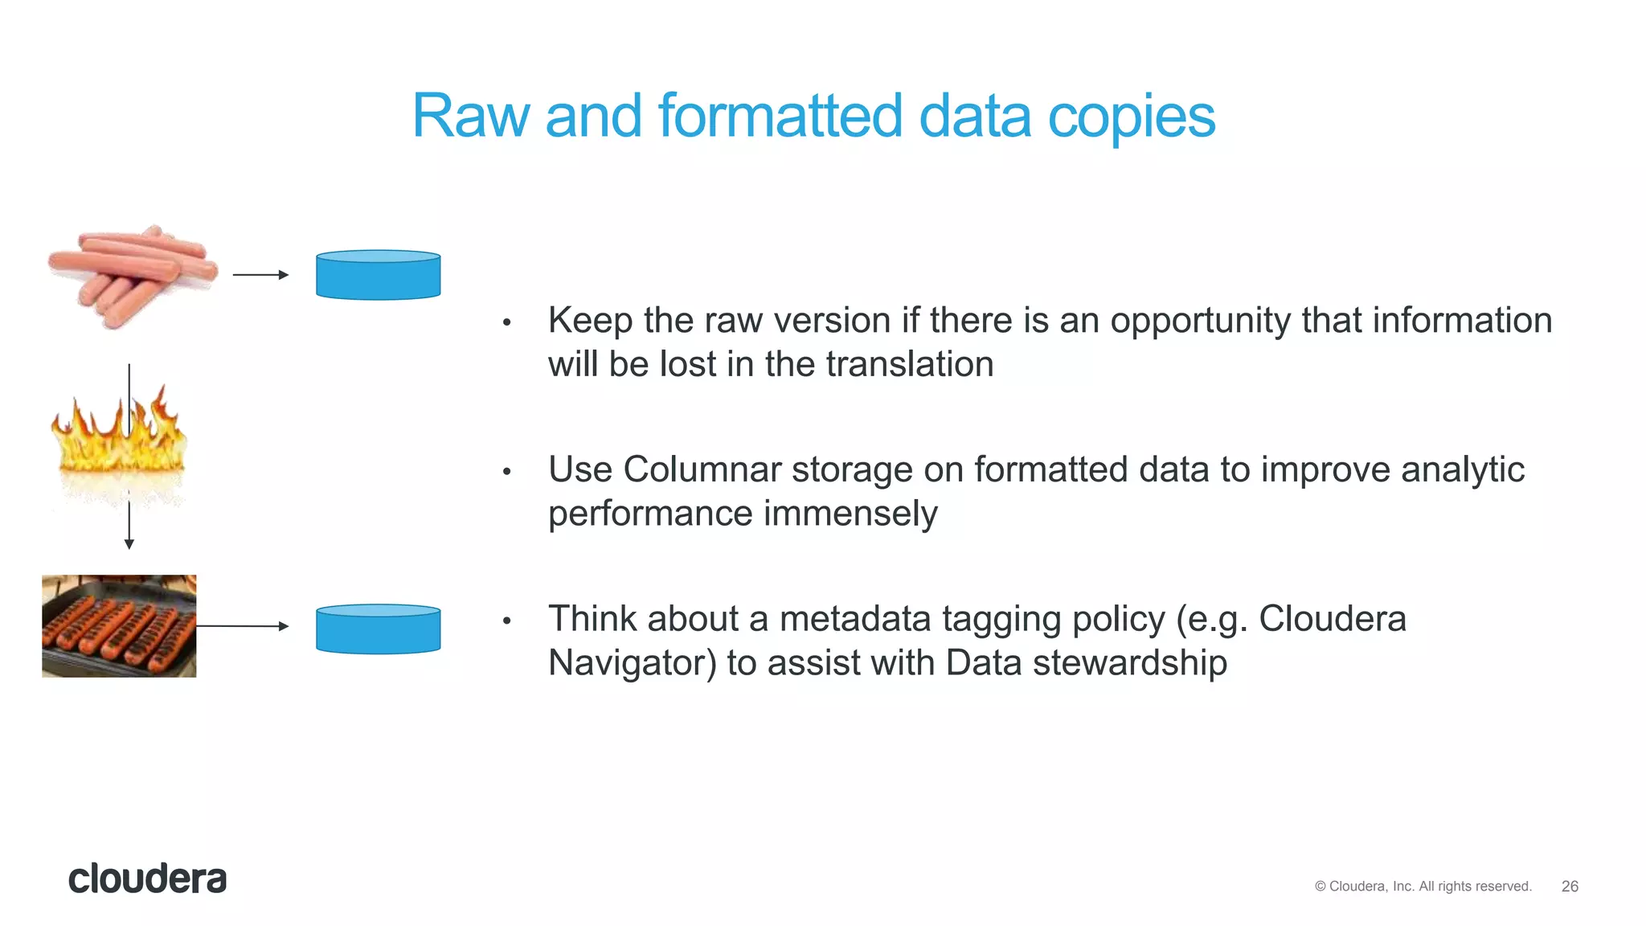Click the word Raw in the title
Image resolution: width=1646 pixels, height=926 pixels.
pos(470,117)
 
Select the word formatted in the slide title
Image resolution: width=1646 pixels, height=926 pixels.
pos(780,117)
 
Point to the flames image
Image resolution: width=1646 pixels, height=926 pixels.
pos(119,442)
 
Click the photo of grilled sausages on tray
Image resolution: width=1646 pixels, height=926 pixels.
pos(119,626)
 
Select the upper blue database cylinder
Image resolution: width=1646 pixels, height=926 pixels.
pos(378,276)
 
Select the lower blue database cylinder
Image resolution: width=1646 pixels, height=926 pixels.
pos(378,629)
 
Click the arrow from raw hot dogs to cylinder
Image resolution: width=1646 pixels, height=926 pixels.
pos(260,275)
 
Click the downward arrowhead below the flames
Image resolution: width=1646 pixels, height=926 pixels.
pos(129,543)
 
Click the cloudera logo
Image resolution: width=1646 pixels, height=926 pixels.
pos(147,879)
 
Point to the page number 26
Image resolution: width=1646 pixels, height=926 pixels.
pos(1570,886)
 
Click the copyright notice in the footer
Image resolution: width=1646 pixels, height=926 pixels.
pos(1423,886)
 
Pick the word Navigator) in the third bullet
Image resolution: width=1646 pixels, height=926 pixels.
pos(632,663)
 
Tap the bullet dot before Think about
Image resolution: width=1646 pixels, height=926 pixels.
pos(507,621)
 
